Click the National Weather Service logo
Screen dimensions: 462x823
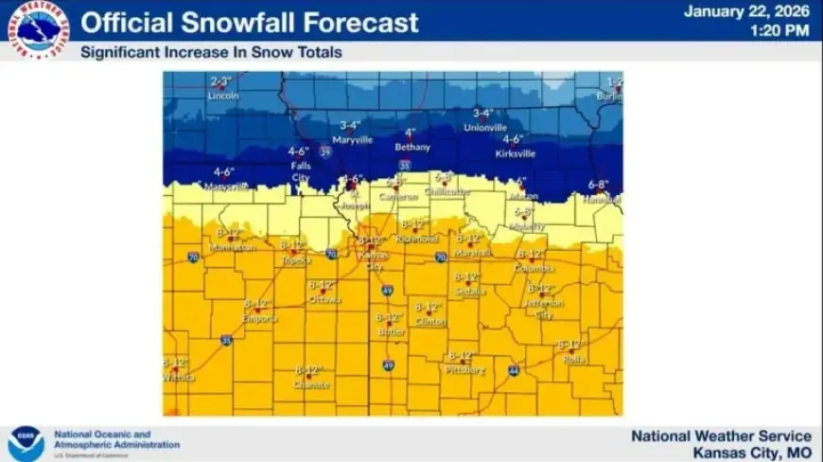[39, 29]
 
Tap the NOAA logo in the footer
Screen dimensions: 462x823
[26, 443]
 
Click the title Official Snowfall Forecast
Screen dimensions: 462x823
[250, 23]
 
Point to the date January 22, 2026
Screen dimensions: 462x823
[746, 12]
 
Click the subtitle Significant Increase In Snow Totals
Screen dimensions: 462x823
[211, 53]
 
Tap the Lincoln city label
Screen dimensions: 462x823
[222, 96]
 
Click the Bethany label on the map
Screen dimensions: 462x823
[411, 148]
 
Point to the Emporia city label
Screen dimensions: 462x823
[260, 319]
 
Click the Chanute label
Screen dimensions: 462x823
[311, 385]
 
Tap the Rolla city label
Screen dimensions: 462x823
[571, 360]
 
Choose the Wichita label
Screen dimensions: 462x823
[178, 377]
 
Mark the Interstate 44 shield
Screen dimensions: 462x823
[513, 370]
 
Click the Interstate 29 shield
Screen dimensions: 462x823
[325, 151]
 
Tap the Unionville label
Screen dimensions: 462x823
[485, 128]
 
